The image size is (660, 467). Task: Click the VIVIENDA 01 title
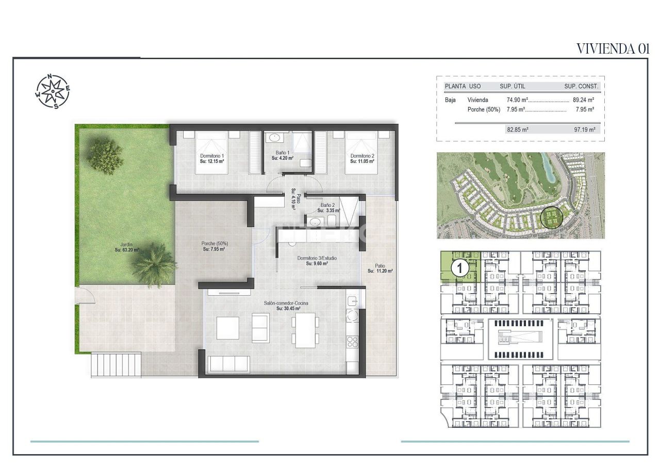(x=612, y=49)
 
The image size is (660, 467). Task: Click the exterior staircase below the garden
(x=116, y=364)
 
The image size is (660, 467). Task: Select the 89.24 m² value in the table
(x=584, y=100)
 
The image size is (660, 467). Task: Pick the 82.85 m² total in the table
(x=518, y=130)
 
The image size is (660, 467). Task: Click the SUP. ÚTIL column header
(x=512, y=86)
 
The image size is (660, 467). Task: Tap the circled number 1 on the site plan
(x=460, y=268)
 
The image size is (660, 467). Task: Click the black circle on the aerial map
(x=551, y=217)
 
